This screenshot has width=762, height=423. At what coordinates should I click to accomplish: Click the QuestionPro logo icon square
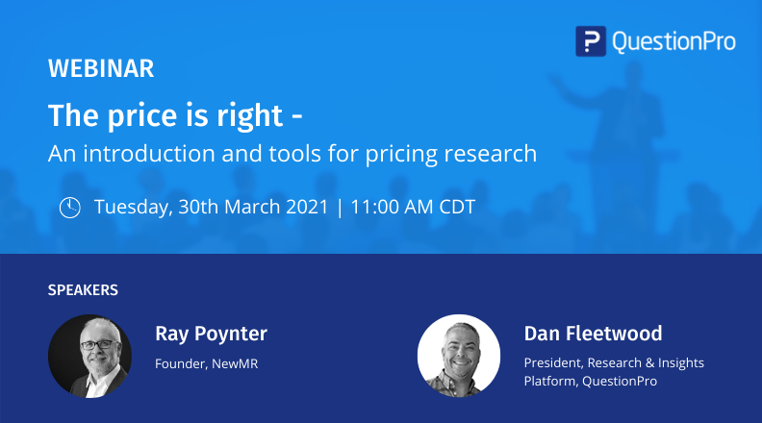point(590,41)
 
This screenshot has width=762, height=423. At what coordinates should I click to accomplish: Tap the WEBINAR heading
point(100,69)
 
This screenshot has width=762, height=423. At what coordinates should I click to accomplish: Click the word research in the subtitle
point(493,153)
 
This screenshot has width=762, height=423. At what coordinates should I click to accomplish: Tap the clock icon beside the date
point(70,208)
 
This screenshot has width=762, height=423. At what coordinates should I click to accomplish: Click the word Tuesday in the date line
point(133,208)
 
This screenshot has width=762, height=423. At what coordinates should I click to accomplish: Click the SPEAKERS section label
point(83,289)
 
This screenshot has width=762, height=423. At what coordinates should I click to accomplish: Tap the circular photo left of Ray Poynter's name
point(89,356)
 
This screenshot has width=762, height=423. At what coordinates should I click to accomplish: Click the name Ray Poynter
point(211,334)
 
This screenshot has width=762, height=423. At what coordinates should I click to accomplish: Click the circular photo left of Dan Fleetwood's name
point(458,356)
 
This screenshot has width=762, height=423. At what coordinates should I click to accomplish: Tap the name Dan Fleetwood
point(593,334)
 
